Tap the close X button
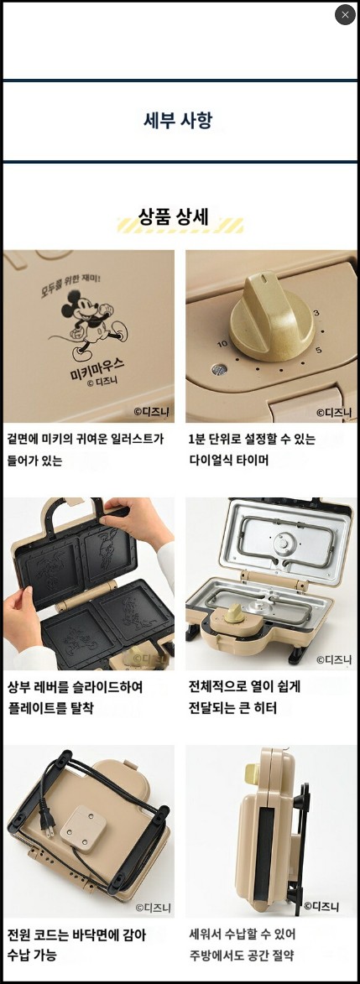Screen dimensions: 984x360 345,15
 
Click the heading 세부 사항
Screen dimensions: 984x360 178,120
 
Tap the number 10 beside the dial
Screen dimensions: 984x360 222,344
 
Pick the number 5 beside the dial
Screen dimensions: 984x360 318,350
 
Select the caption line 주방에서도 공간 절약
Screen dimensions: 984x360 242,955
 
